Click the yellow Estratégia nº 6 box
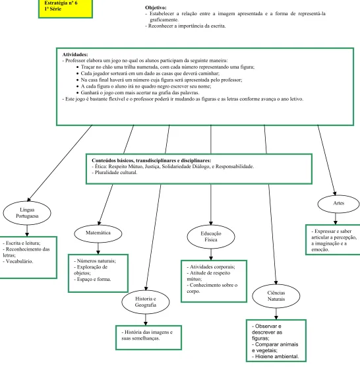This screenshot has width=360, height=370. click(65, 9)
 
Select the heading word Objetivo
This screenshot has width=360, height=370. click(156, 7)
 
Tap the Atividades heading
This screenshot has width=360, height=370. click(75, 55)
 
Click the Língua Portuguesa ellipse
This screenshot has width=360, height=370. click(27, 213)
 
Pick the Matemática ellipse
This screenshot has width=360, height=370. click(98, 233)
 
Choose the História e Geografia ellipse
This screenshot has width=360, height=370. click(146, 302)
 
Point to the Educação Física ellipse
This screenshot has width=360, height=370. click(211, 237)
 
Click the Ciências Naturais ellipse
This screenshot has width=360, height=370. click(276, 296)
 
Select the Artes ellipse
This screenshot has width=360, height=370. click(338, 204)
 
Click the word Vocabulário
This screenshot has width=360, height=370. click(19, 261)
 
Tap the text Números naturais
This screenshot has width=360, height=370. click(96, 261)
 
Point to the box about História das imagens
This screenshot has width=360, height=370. click(148, 338)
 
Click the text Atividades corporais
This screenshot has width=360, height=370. click(212, 267)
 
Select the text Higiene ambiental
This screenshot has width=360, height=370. click(277, 356)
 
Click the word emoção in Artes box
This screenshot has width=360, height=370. click(320, 250)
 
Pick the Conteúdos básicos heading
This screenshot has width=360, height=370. click(152, 160)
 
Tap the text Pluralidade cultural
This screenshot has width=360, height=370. click(116, 173)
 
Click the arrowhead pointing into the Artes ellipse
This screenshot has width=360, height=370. click(334, 193)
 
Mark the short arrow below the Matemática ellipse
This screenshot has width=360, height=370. click(98, 249)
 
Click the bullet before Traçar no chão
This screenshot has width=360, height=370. click(78, 67)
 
